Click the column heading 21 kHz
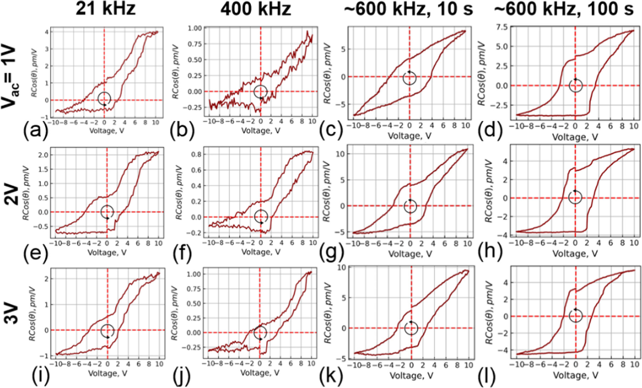[x=106, y=9]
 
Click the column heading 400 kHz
[x=256, y=9]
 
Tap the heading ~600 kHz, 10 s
[x=408, y=9]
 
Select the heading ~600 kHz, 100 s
[x=564, y=9]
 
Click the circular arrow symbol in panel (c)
[x=409, y=78]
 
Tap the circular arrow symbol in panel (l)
[x=575, y=315]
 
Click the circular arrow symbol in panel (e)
[x=107, y=212]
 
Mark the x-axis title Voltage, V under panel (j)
[x=260, y=372]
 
